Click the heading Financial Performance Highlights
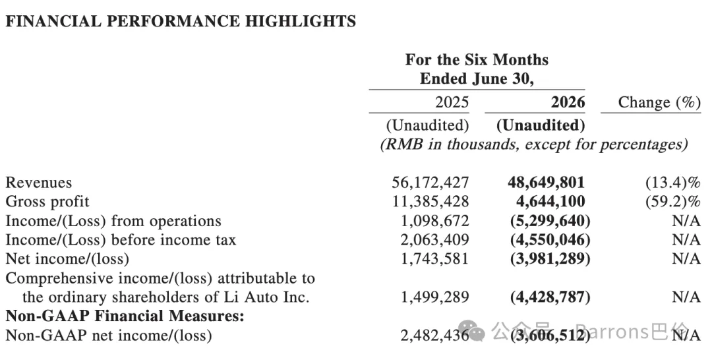coord(181,21)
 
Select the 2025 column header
coord(452,102)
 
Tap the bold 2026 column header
coord(568,102)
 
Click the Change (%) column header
coord(659,103)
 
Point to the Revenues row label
coord(39,183)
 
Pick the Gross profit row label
coord(47,202)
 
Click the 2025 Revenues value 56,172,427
coord(430,183)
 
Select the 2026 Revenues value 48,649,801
coord(547,183)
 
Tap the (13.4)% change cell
coord(673,183)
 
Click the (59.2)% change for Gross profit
coord(673,202)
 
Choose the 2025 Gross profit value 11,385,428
coord(430,202)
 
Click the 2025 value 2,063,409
coord(434,240)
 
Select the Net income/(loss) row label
coord(67,259)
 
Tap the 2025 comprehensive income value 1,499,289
coord(434,297)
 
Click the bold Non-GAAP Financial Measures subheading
coord(125,316)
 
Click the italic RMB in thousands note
coord(534,145)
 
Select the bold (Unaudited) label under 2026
coord(541,125)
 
